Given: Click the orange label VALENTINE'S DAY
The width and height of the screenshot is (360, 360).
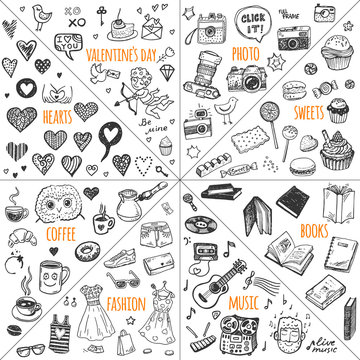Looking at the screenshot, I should (x=123, y=52).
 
